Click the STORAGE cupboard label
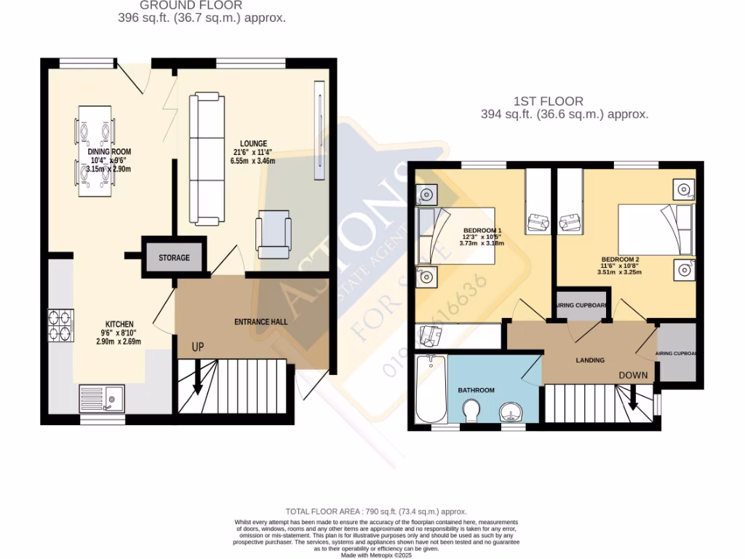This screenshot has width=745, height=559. tap(174, 258)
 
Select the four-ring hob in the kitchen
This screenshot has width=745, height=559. tap(59, 325)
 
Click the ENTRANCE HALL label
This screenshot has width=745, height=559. tap(260, 322)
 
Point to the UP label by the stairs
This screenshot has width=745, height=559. tap(197, 347)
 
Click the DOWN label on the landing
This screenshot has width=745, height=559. tap(632, 375)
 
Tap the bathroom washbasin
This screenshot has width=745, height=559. tap(511, 413)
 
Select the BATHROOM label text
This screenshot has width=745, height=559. tap(476, 390)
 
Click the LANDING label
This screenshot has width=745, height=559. tap(590, 360)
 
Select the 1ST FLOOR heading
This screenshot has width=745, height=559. tap(564, 101)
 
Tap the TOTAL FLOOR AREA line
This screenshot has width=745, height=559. tap(376, 512)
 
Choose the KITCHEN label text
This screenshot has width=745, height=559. tap(119, 324)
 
